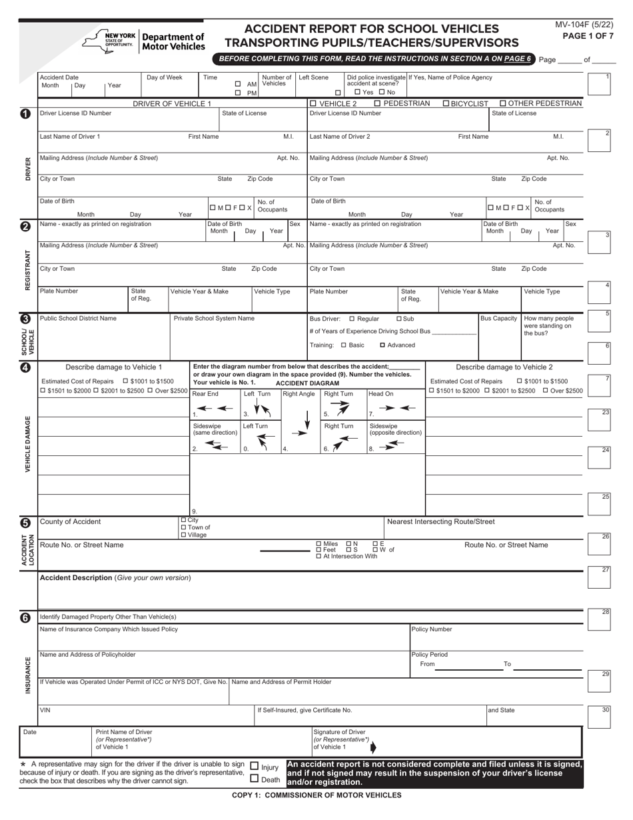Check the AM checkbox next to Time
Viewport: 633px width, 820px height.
238,84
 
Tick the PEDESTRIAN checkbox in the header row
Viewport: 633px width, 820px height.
378,103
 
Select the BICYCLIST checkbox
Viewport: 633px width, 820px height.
446,103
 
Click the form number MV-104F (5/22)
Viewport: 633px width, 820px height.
584,25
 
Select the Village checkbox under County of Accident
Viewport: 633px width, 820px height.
184,535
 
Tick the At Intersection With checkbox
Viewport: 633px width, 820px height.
318,556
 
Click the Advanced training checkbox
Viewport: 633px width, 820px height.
382,345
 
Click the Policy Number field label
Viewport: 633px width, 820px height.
431,629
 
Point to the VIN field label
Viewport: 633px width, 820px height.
45,710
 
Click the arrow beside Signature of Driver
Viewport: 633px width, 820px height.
373,747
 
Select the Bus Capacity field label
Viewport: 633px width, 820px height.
498,318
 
